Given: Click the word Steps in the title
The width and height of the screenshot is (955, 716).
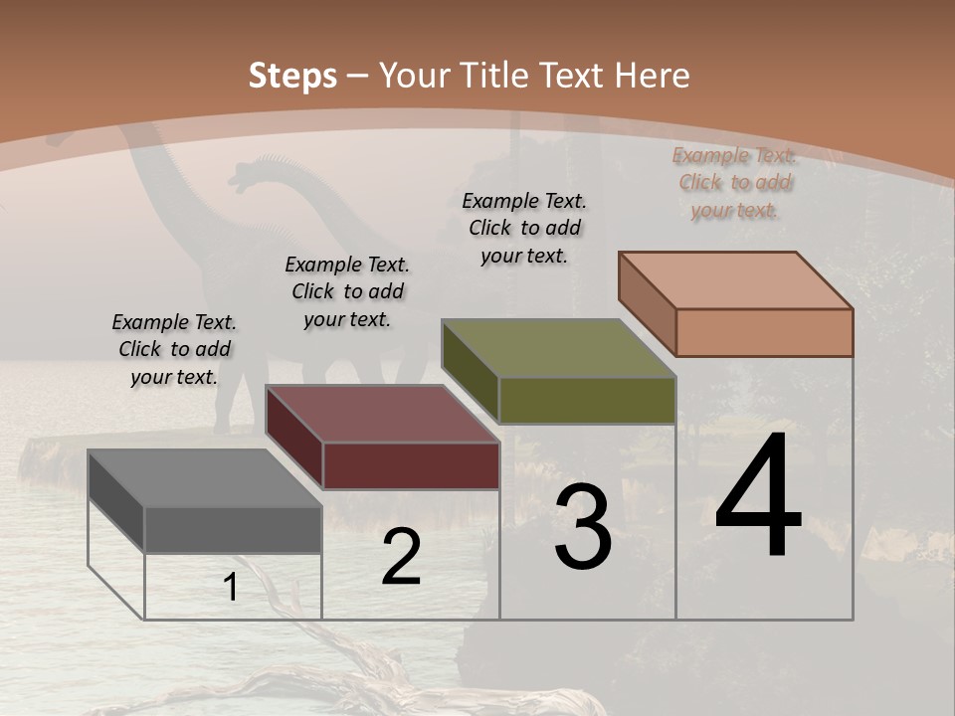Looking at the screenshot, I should click(292, 76).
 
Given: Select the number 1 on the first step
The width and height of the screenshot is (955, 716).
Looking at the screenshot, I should click(231, 588).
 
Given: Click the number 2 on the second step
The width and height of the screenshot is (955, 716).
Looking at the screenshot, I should click(401, 558).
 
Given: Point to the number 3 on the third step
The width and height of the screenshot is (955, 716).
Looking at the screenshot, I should click(583, 528).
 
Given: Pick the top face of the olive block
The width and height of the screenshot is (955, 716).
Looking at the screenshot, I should click(558, 348).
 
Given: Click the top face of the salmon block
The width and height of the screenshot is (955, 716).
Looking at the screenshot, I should click(735, 280).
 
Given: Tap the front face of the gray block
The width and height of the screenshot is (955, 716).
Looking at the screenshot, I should click(233, 529).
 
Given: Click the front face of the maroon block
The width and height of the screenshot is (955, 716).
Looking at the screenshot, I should click(411, 465).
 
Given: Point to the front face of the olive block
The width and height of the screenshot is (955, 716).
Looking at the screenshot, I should click(587, 400).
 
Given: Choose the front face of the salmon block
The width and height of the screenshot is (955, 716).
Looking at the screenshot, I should click(764, 332).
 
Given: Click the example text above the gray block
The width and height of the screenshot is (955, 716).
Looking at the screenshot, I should click(174, 349).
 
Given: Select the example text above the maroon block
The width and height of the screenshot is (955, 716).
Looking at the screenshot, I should click(347, 291).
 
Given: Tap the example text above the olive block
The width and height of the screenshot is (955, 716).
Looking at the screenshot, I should click(524, 228).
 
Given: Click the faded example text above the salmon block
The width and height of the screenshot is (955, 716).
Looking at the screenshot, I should click(734, 182).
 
